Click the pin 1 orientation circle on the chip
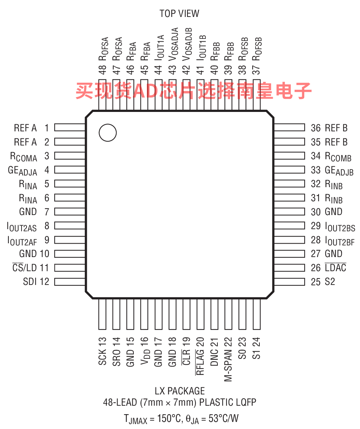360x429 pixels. coord(108,133)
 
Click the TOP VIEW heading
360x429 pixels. coord(179,13)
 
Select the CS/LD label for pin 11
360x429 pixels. coord(25,268)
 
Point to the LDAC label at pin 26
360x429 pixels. coord(335,268)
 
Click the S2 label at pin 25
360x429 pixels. coord(330,282)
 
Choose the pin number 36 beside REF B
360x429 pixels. coord(316,128)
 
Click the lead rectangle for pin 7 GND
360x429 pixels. coord(70,211)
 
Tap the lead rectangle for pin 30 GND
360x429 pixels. coord(289,211)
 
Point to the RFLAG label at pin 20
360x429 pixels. coord(200,362)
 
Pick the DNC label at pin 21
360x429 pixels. coord(214,357)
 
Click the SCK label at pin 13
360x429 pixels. coord(102,357)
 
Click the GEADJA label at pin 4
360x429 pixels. coord(22,171)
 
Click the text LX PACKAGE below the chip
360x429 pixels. coord(180,391)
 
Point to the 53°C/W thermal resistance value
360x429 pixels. coord(223,419)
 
